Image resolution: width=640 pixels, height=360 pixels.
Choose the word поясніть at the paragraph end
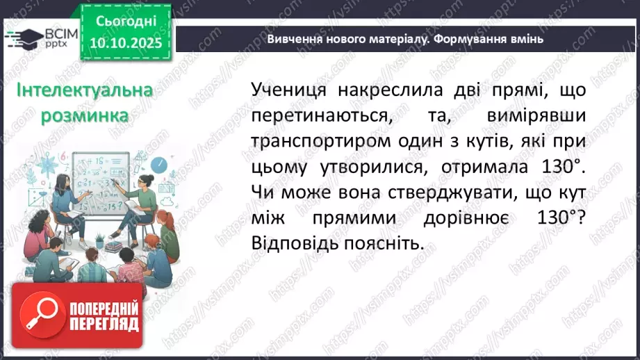point(387,244)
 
